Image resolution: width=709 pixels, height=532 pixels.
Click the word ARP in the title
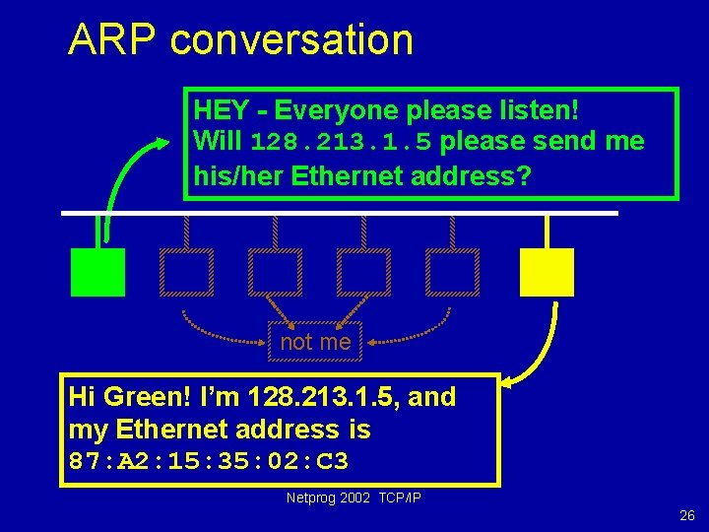pos(111,40)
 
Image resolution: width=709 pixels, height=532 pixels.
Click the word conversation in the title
pos(291,40)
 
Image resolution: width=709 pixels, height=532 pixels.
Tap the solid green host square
pos(98,272)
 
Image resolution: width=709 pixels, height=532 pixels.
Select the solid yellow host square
pos(547,272)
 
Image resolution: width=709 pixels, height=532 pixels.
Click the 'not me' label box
pos(315,342)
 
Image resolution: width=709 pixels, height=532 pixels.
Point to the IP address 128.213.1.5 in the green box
pos(341,143)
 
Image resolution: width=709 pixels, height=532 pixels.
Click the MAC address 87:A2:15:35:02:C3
pos(209,461)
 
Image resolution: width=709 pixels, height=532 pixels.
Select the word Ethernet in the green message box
pos(342,176)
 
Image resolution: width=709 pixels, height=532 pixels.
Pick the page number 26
pos(686,515)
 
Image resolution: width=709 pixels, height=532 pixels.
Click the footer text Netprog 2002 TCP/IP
pos(354,499)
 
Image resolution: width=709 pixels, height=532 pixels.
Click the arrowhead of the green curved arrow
pos(162,144)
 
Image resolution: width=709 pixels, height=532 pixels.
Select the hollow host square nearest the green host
pos(186,272)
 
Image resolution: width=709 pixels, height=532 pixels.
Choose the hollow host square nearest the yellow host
pos(453,272)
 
